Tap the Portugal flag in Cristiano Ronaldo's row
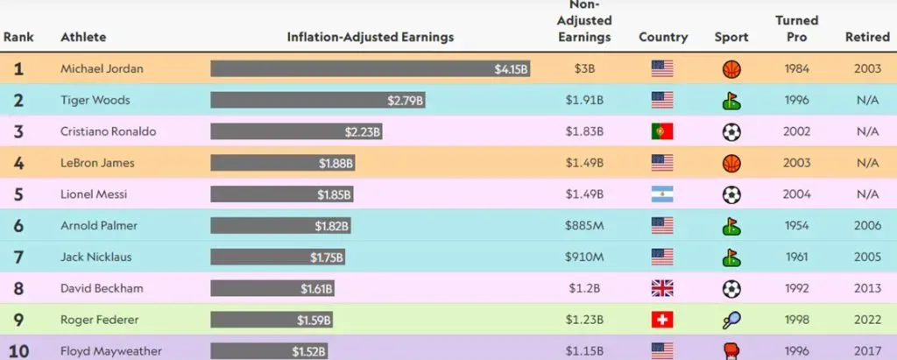point(662,131)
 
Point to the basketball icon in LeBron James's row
point(731,163)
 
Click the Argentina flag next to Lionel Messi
point(662,194)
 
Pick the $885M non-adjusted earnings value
point(585,226)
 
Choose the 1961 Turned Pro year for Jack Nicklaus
point(796,257)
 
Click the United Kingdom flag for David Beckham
point(662,288)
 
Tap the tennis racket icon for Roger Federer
point(731,320)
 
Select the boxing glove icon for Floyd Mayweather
point(731,350)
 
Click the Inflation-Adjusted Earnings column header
point(371,38)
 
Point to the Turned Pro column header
point(796,29)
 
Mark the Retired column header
point(866,38)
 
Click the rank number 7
point(18,257)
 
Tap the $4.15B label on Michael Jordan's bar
point(511,68)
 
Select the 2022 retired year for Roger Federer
point(867,320)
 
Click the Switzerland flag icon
point(662,320)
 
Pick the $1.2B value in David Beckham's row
point(585,288)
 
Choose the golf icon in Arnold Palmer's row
point(731,226)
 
